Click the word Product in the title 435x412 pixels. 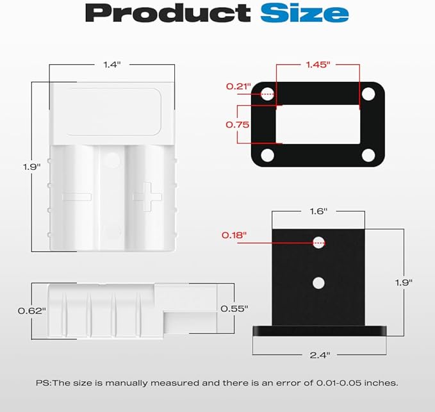point(168,12)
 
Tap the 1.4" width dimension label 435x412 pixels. point(112,65)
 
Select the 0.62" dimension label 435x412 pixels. point(31,311)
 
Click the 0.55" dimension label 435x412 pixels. point(234,308)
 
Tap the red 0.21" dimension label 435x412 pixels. point(238,86)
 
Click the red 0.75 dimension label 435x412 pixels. point(238,125)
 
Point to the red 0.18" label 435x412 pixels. point(234,235)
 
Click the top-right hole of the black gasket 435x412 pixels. point(367,94)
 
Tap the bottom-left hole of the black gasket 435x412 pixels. point(268,155)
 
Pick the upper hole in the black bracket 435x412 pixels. point(318,242)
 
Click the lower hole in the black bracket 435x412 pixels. point(318,282)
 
